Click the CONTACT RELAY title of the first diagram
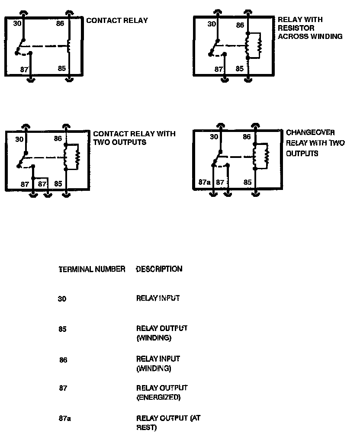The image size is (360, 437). (x=117, y=20)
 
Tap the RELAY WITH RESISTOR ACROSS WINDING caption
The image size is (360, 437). (x=309, y=28)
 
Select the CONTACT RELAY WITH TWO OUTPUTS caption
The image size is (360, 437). (x=134, y=138)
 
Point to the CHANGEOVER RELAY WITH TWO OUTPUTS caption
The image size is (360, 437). (x=315, y=143)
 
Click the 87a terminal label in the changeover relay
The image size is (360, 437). (x=204, y=182)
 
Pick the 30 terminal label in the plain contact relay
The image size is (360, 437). (x=17, y=23)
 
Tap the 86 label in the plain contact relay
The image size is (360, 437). (x=60, y=23)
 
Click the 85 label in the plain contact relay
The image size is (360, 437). (x=62, y=68)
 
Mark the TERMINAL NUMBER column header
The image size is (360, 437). (x=92, y=269)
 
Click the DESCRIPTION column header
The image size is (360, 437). (x=159, y=269)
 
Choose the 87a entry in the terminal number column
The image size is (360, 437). (x=64, y=418)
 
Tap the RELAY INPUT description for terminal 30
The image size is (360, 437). (x=157, y=298)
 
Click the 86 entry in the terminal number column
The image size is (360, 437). (x=63, y=360)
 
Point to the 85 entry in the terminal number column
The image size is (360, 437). (x=62, y=329)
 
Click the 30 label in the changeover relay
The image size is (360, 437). (x=214, y=137)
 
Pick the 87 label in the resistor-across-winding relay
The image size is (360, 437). (x=219, y=69)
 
